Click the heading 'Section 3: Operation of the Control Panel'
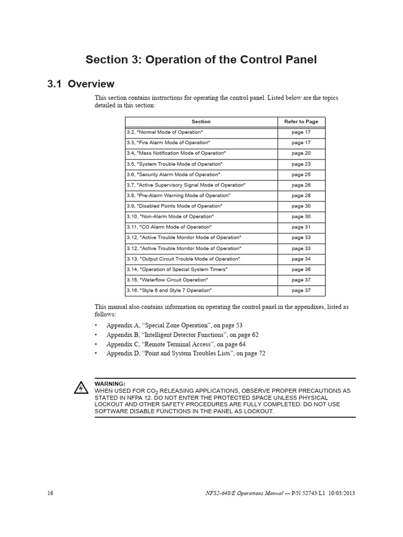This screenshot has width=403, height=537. (201, 60)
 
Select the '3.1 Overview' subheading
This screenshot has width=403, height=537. (81, 84)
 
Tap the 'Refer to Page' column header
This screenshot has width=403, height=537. (301, 122)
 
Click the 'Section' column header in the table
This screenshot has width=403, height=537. (201, 122)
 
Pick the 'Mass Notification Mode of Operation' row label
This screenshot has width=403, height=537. (176, 153)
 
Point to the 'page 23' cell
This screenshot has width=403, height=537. (301, 164)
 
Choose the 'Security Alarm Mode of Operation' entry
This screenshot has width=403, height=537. (173, 175)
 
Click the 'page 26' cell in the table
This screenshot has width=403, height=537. (301, 185)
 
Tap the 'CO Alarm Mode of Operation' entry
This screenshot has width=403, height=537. (169, 227)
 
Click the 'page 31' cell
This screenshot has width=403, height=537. (301, 227)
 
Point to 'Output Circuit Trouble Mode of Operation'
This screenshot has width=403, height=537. (183, 259)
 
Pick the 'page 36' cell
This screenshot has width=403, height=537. (301, 270)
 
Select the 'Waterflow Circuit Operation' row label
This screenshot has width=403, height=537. (166, 280)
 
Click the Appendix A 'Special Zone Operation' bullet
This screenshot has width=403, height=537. (174, 325)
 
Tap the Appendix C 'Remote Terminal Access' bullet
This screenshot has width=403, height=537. (176, 344)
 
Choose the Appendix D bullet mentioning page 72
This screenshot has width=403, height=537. (186, 353)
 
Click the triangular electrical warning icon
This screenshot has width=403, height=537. (81, 388)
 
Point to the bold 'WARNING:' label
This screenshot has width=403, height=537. (110, 384)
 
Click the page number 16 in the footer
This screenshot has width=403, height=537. (50, 493)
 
